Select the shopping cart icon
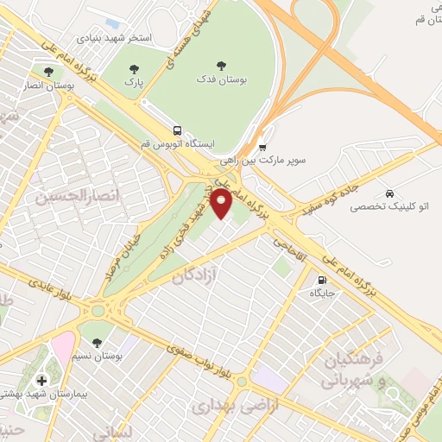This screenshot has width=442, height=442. pos(262,146)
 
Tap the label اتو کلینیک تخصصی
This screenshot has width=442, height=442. pos(392,207)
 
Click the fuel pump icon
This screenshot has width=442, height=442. pos(323,280)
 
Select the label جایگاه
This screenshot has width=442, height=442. pos(323,294)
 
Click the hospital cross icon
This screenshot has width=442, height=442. pos(41,381)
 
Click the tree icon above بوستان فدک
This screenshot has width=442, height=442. pos(221,65)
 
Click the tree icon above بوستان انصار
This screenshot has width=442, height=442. pos(47,73)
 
